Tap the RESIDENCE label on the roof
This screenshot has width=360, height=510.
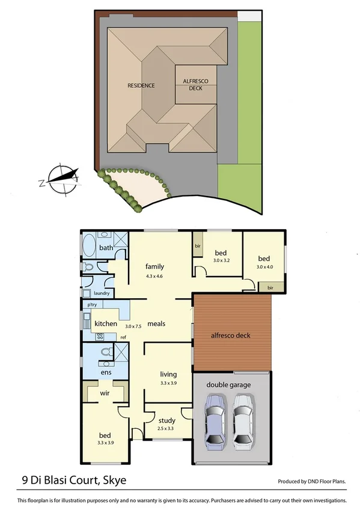point(141,85)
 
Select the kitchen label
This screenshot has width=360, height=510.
point(106,324)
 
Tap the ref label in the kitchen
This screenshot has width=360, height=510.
point(123,337)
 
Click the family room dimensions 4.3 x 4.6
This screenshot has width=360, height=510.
point(154,276)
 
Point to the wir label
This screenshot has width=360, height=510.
point(105,394)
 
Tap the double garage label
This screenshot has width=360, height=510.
point(229,384)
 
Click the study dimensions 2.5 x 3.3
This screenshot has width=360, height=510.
point(166,428)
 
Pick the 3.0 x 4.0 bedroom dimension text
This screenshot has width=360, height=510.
point(264,266)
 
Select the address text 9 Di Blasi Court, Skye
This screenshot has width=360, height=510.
point(71,481)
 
